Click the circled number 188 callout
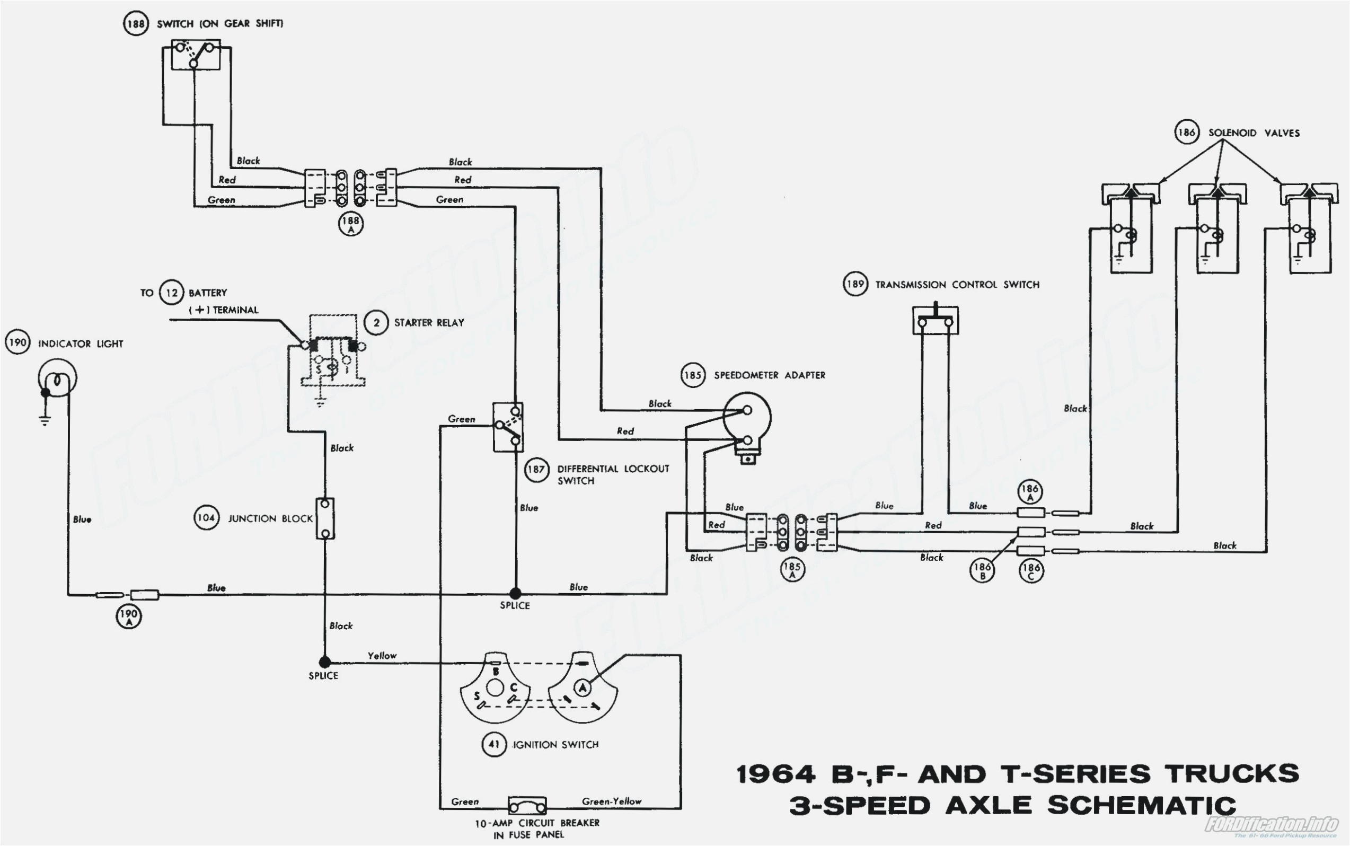135,24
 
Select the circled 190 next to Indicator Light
17,342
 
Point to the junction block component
325,518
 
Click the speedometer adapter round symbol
747,417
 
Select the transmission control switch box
935,321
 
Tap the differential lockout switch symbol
508,426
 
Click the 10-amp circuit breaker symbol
527,806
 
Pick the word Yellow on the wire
382,655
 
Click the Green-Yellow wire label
612,801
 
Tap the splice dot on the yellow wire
324,662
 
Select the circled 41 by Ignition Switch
494,745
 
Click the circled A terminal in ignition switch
583,687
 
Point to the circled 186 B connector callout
982,570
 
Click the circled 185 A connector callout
792,570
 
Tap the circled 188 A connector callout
351,225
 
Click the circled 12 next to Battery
172,293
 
